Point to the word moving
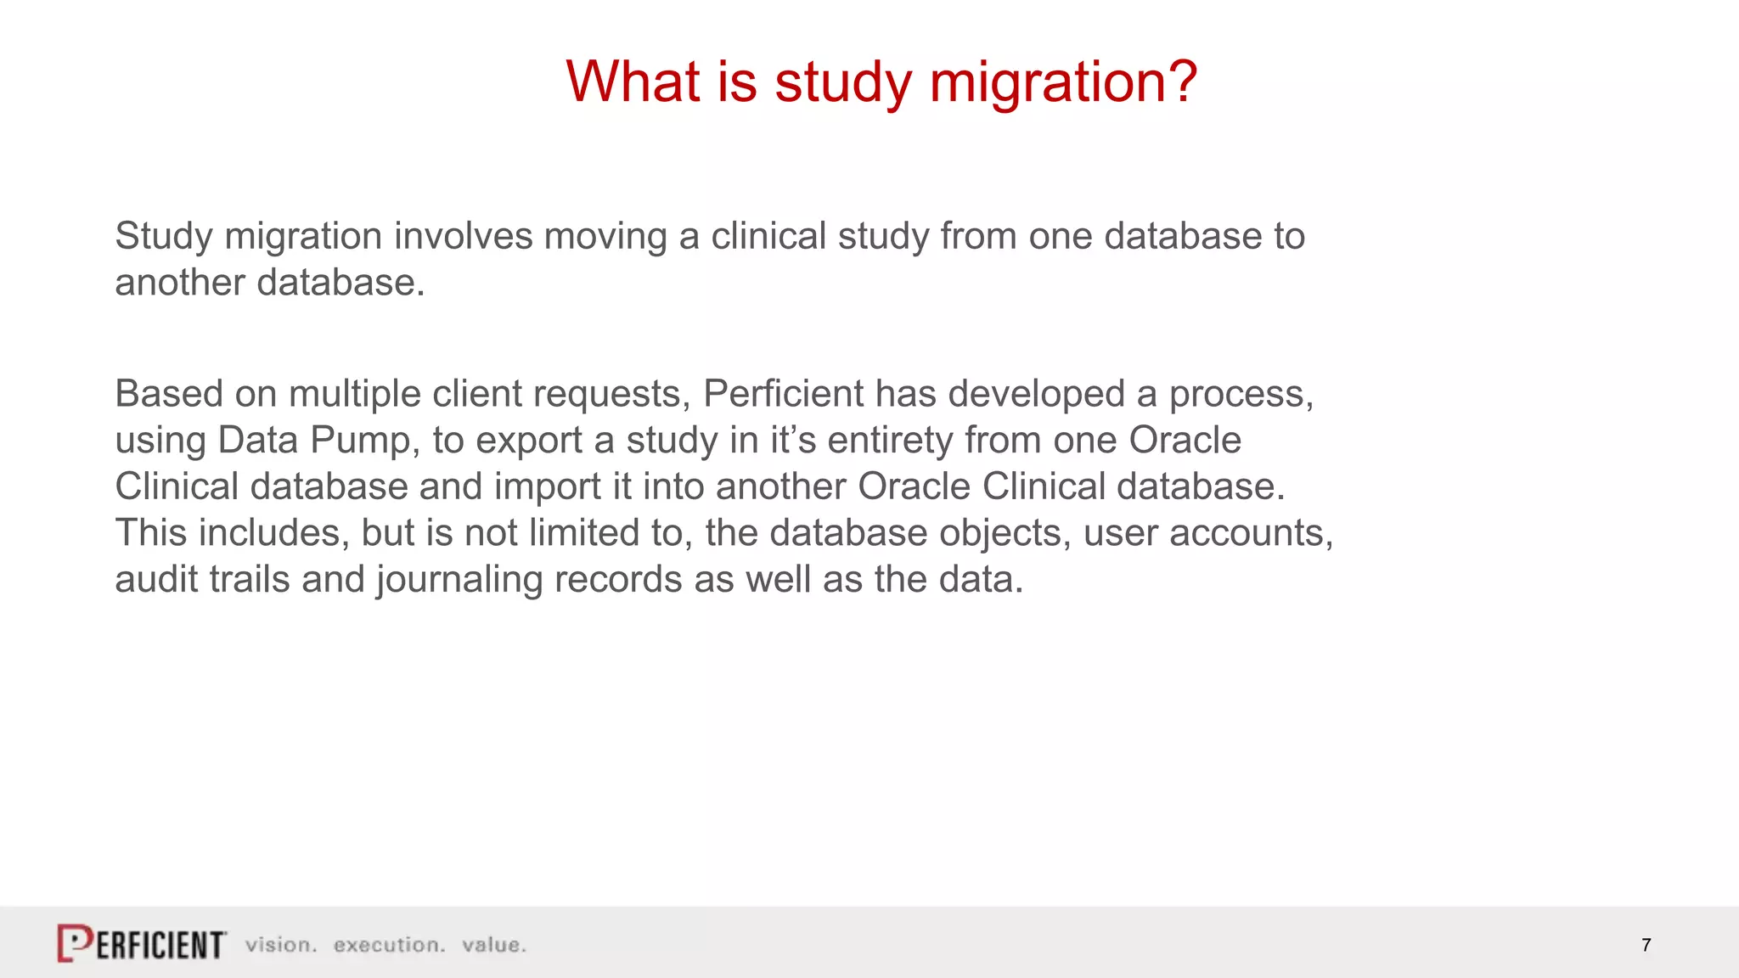605,236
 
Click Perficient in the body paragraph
783,394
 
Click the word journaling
459,581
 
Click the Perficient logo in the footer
142,943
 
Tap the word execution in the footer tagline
389,945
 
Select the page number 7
1646,945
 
